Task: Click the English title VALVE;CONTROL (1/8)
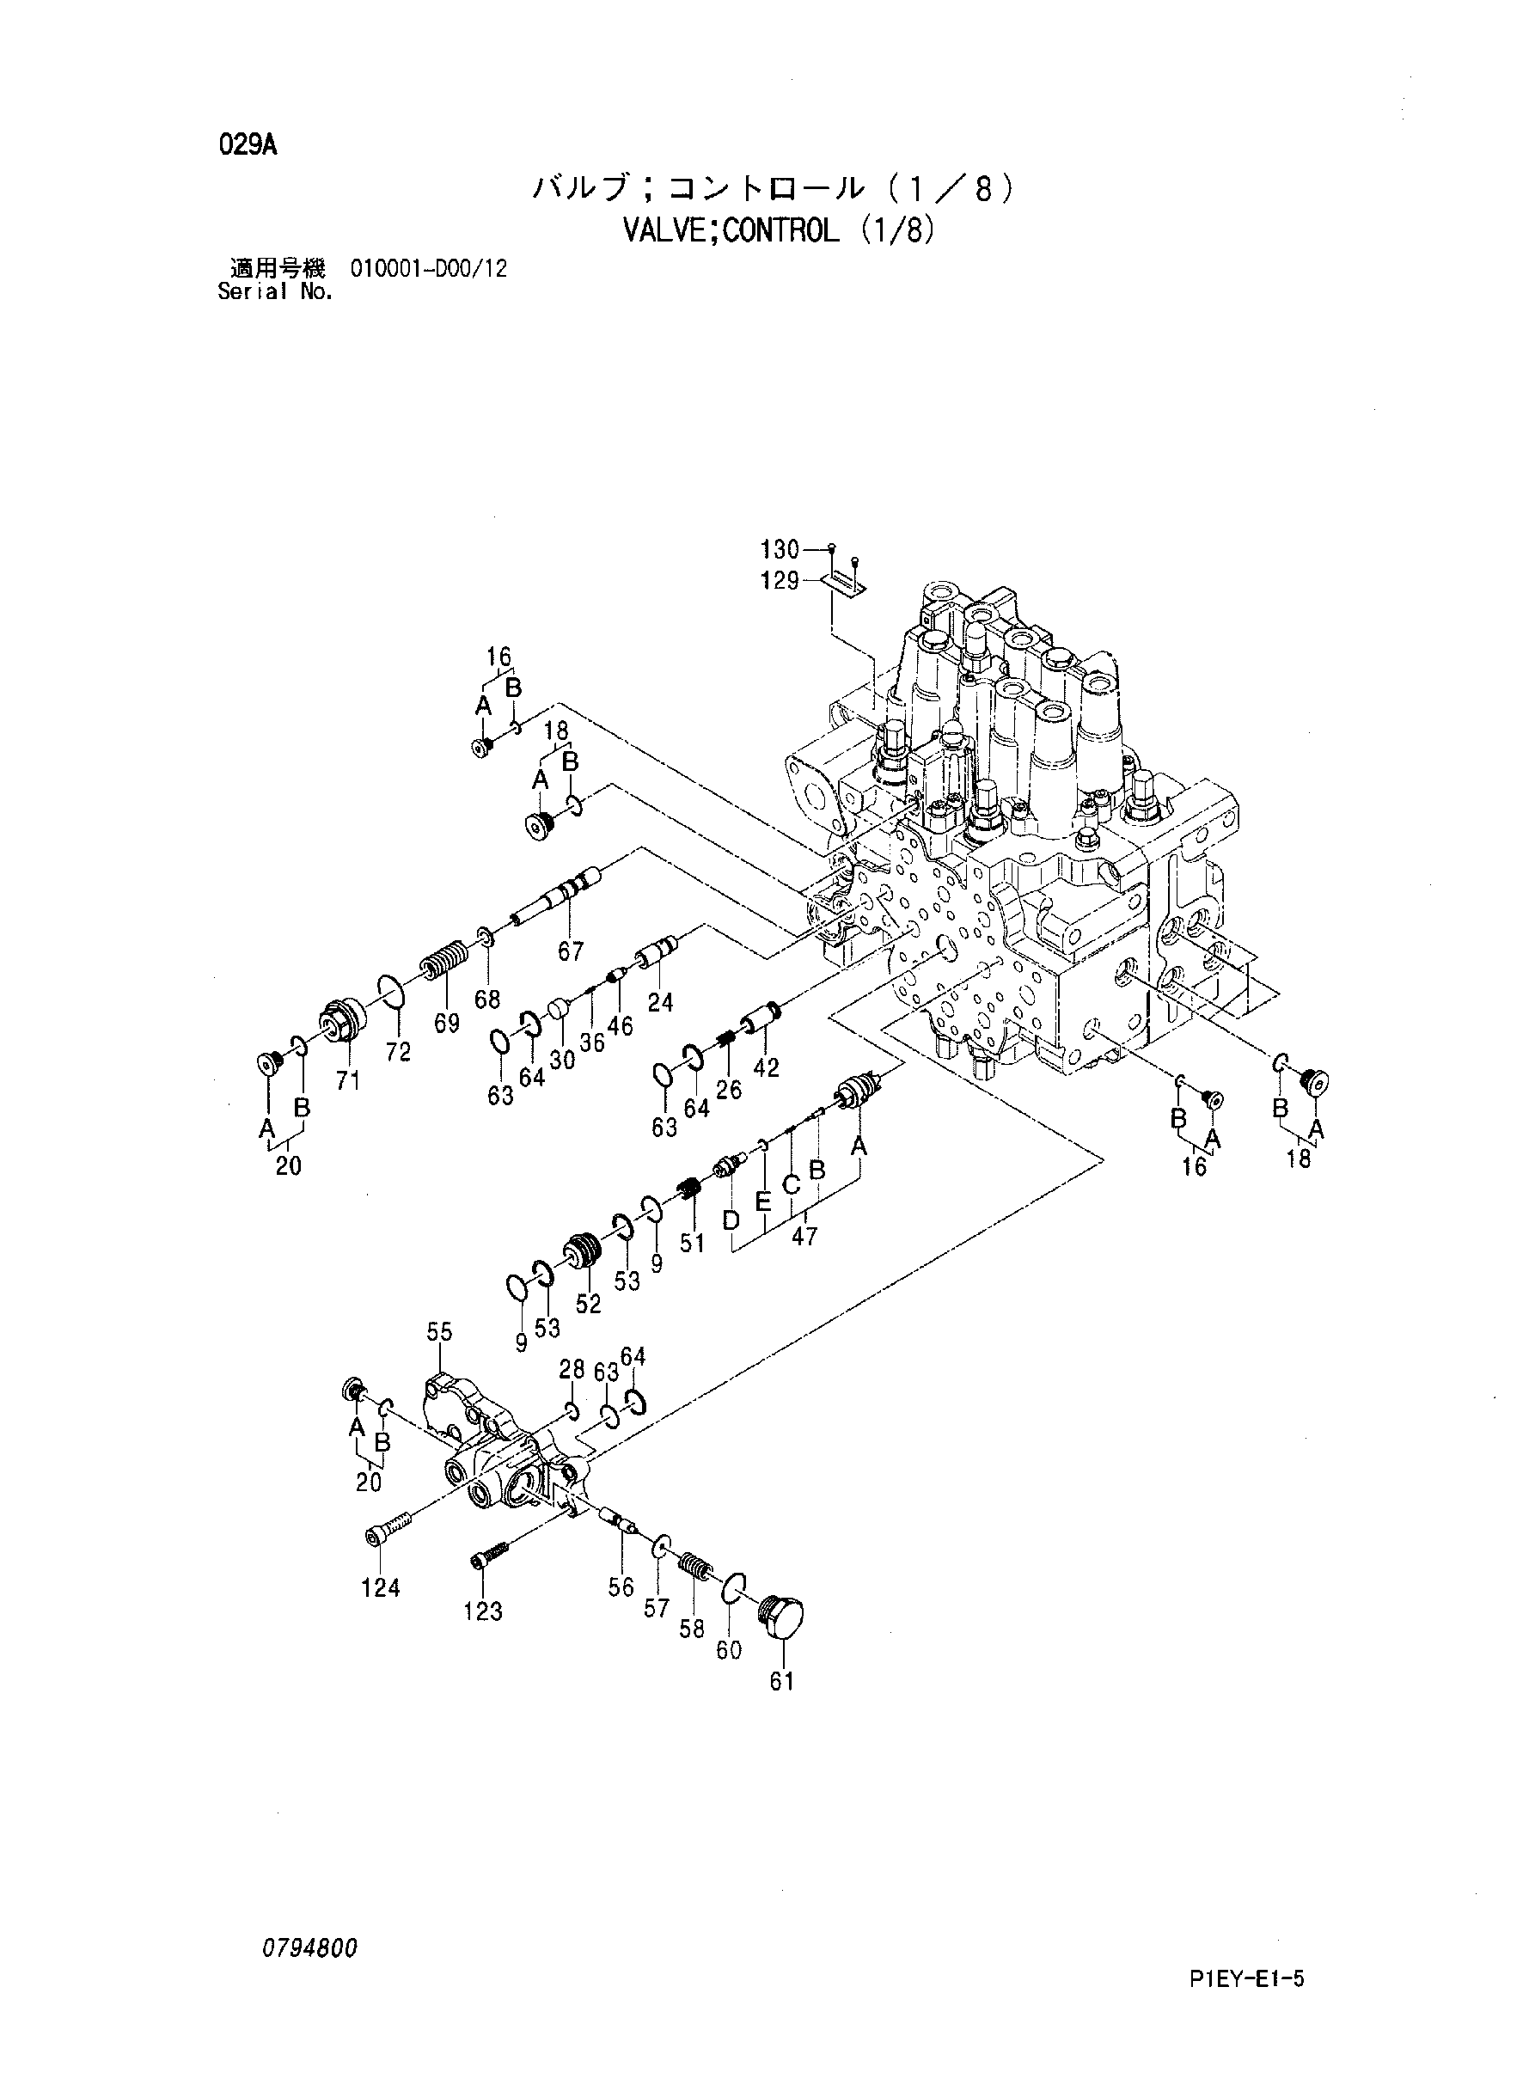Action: click(779, 230)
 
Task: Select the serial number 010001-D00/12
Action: click(429, 270)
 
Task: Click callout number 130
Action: click(780, 550)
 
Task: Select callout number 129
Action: click(780, 582)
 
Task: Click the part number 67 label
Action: click(570, 951)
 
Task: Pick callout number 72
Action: click(399, 1052)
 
